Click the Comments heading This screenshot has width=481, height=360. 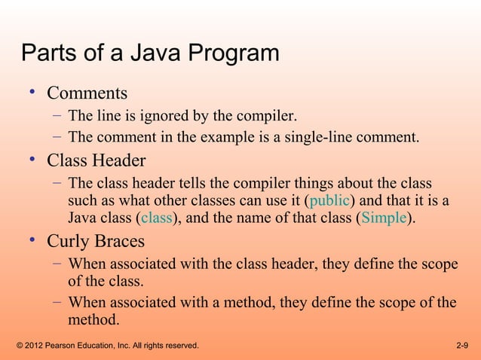[87, 94]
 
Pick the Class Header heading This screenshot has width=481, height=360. [97, 161]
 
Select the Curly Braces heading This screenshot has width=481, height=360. [96, 242]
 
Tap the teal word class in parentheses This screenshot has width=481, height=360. [156, 218]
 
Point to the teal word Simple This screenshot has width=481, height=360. [384, 218]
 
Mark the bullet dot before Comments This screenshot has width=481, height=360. [32, 93]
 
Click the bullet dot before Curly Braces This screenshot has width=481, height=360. [32, 240]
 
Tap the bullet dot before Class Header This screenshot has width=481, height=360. [32, 160]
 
